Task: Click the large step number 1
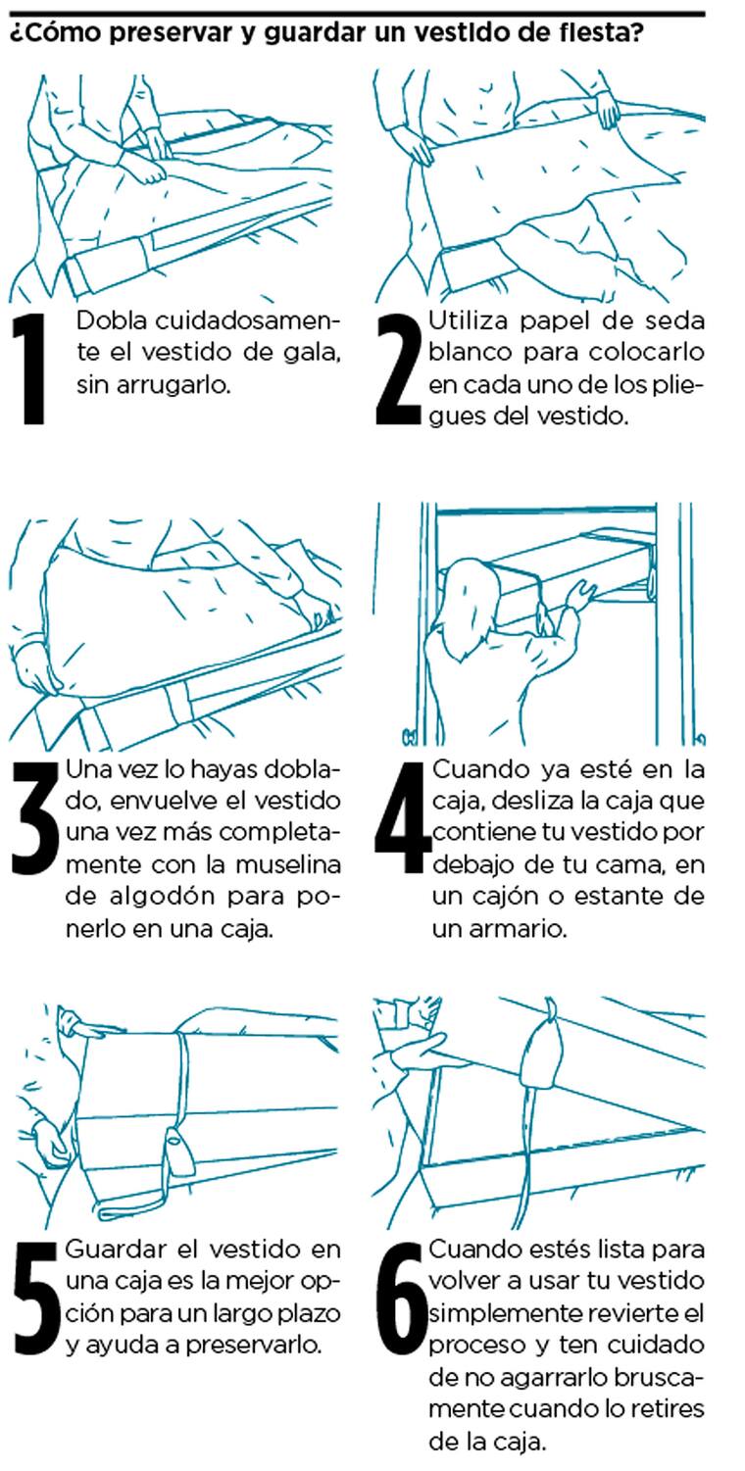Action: point(30,368)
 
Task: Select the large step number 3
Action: point(35,817)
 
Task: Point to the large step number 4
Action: point(402,817)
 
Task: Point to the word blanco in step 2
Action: point(470,353)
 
